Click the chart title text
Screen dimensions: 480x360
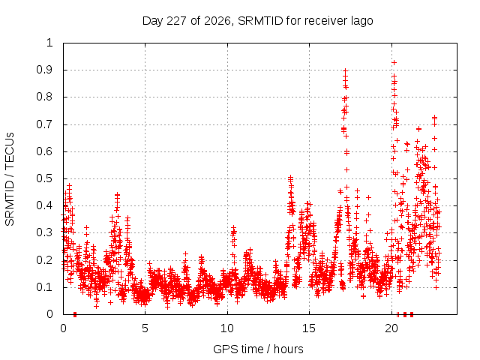tap(257, 21)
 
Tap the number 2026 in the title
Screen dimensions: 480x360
tap(217, 21)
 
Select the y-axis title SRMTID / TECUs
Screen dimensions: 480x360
tap(10, 179)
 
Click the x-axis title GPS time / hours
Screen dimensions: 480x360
tap(258, 349)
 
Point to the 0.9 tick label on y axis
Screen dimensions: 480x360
tap(45, 70)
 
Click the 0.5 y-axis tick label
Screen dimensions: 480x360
tap(45, 178)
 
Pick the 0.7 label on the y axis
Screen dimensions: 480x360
tap(45, 124)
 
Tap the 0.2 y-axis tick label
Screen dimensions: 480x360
tap(45, 260)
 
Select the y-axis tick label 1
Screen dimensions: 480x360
tap(49, 43)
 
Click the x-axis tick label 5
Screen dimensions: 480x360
tap(145, 328)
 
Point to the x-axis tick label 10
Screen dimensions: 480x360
tap(227, 328)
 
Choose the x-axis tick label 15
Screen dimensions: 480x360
tap(309, 328)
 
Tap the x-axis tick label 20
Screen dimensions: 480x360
tap(391, 328)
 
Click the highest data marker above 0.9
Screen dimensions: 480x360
tap(394, 62)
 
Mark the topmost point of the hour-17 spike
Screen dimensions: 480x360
tap(345, 70)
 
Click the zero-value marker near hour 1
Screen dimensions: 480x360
tap(75, 314)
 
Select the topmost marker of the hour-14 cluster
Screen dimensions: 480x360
tap(291, 177)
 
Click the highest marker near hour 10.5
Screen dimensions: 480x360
tap(233, 227)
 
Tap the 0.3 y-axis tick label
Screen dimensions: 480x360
tap(45, 232)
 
